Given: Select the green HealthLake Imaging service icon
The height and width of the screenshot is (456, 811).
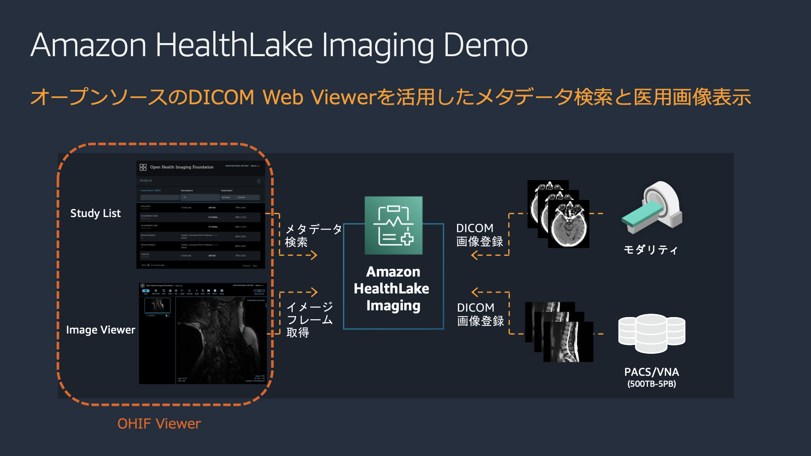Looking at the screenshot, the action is coord(393,225).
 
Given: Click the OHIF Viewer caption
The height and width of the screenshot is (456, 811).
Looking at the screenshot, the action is coord(159,423).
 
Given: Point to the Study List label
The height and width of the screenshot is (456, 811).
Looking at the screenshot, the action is coord(95,213).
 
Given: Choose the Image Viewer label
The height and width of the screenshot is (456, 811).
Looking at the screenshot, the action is coord(101,330).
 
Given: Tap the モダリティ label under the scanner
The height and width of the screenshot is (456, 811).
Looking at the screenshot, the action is coord(650,250).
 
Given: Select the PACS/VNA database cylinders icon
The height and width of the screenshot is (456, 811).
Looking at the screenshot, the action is coord(651,333).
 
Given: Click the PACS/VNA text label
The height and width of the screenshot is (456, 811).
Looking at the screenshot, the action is coord(651,372).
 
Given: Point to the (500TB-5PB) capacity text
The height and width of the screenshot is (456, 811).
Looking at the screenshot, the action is coord(651,384).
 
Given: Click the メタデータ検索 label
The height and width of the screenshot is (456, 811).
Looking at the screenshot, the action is coord(313,236).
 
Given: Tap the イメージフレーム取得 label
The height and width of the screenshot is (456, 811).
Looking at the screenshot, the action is coord(310,320).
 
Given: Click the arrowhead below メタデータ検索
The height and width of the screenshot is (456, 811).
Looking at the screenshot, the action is coord(313,255).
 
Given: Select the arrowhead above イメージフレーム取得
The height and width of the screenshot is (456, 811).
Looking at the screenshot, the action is coord(313,292).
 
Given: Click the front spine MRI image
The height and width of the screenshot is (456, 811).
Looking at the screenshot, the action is coord(568,342).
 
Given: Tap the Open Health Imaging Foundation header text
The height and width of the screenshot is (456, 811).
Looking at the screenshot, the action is coord(182,167).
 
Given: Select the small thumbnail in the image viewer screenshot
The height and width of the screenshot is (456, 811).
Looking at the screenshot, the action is coord(157,305).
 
